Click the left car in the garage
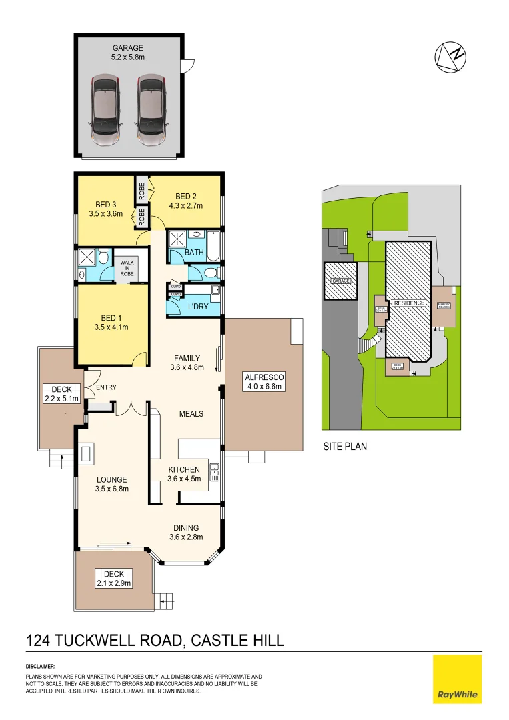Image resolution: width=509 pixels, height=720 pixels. (105, 110)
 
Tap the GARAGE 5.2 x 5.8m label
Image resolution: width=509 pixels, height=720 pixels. (127, 53)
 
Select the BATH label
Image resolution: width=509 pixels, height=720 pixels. (194, 253)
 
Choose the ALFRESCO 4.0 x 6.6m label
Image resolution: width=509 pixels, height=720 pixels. (263, 381)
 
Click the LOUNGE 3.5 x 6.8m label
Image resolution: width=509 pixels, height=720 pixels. (111, 483)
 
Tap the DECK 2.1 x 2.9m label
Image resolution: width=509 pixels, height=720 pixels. (114, 578)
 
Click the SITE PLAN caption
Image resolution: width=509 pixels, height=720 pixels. (345, 447)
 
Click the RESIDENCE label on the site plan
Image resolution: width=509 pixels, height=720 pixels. (409, 303)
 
